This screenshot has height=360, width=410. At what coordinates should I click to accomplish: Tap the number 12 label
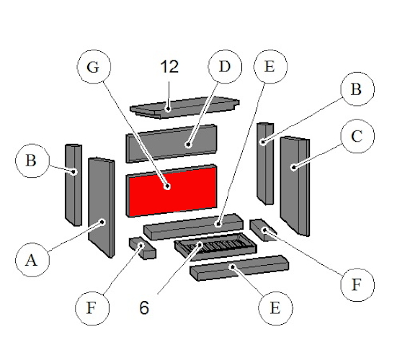[x=169, y=68]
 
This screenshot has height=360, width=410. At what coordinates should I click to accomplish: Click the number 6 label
[x=145, y=307]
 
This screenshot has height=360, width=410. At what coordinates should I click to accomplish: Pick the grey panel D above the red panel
[x=171, y=144]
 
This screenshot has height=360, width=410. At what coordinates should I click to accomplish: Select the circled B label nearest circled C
[x=357, y=90]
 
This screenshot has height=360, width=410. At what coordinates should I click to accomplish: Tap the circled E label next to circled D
[x=269, y=68]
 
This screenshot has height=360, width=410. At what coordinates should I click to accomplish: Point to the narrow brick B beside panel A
[x=73, y=184]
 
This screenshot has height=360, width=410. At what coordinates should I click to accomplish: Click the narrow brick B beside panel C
[x=264, y=162]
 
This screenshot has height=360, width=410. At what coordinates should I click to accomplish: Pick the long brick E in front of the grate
[x=236, y=270]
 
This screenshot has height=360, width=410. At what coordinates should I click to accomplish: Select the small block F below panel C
[x=262, y=230]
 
